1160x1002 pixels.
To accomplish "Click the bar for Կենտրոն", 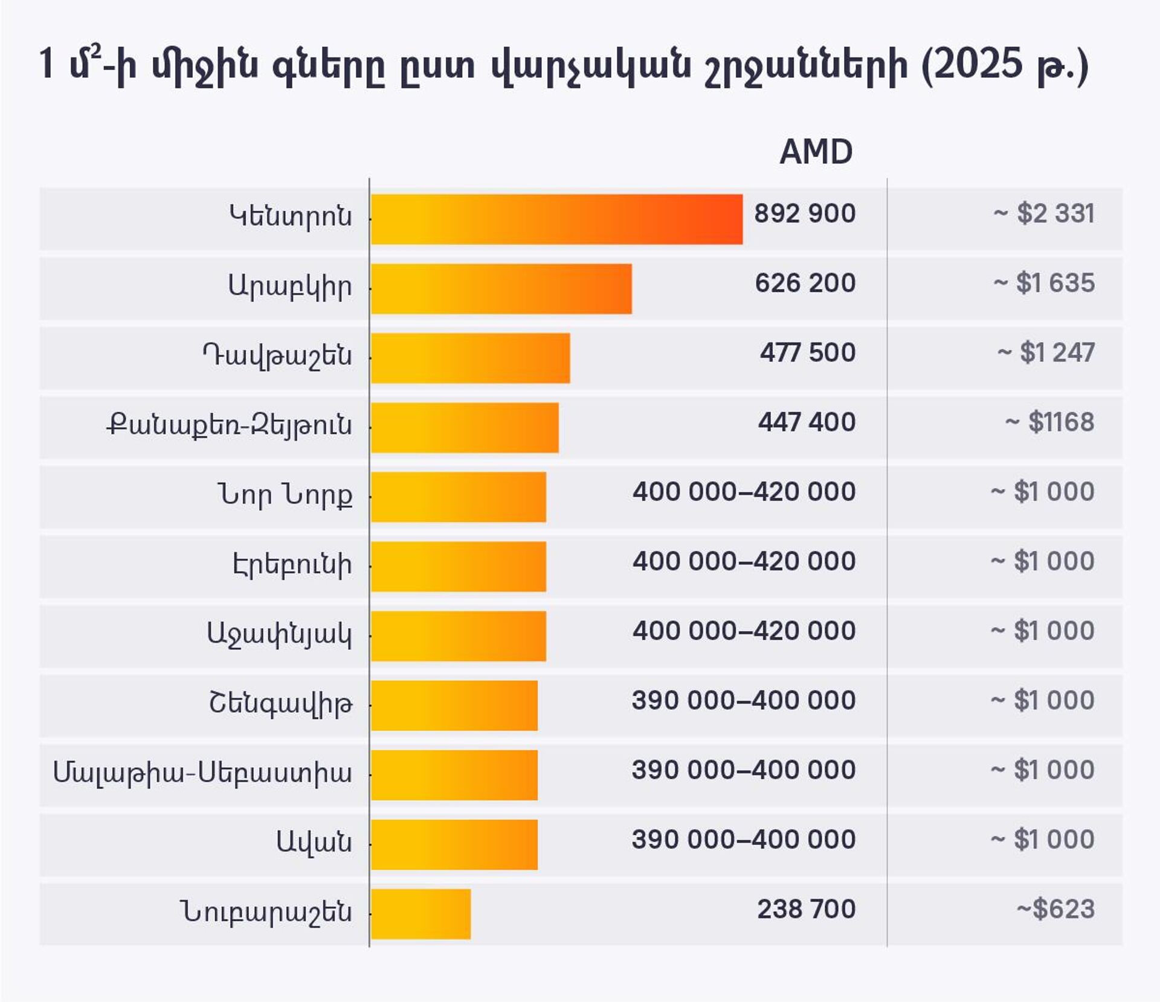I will coord(556,219).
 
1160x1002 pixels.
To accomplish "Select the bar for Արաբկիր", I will coord(501,289).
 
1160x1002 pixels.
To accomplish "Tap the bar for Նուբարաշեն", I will coord(420,914).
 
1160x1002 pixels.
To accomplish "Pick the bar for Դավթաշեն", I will coord(470,358).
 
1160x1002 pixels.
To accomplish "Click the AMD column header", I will coord(816,152).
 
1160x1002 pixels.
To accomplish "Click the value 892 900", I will coord(804,213).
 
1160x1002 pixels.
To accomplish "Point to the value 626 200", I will coord(805,283).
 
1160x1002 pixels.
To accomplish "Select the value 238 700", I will coord(806,908).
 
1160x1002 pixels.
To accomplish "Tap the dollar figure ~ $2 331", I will coord(1043,213).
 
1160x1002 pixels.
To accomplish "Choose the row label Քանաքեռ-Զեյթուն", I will coord(229,425).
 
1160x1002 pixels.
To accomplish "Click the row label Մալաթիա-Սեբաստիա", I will coord(202,772).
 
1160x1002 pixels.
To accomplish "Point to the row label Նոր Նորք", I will coord(285,495).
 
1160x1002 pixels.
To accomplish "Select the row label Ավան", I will coord(314,841).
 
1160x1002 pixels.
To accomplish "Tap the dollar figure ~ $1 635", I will coord(1043,283).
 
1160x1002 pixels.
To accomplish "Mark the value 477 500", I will coord(807,352).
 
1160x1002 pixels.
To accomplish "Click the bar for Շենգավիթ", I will coord(454,705).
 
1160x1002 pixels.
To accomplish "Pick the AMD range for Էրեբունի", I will coord(744,561).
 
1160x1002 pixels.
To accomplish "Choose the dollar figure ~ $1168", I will coord(1049,422).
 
